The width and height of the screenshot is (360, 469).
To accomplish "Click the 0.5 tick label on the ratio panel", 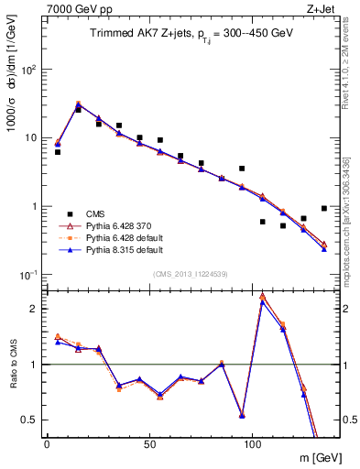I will point(30,420).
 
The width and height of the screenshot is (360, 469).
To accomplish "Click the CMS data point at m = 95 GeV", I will point(242,169).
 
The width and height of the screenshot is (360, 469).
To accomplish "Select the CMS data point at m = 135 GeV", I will point(324,208).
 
